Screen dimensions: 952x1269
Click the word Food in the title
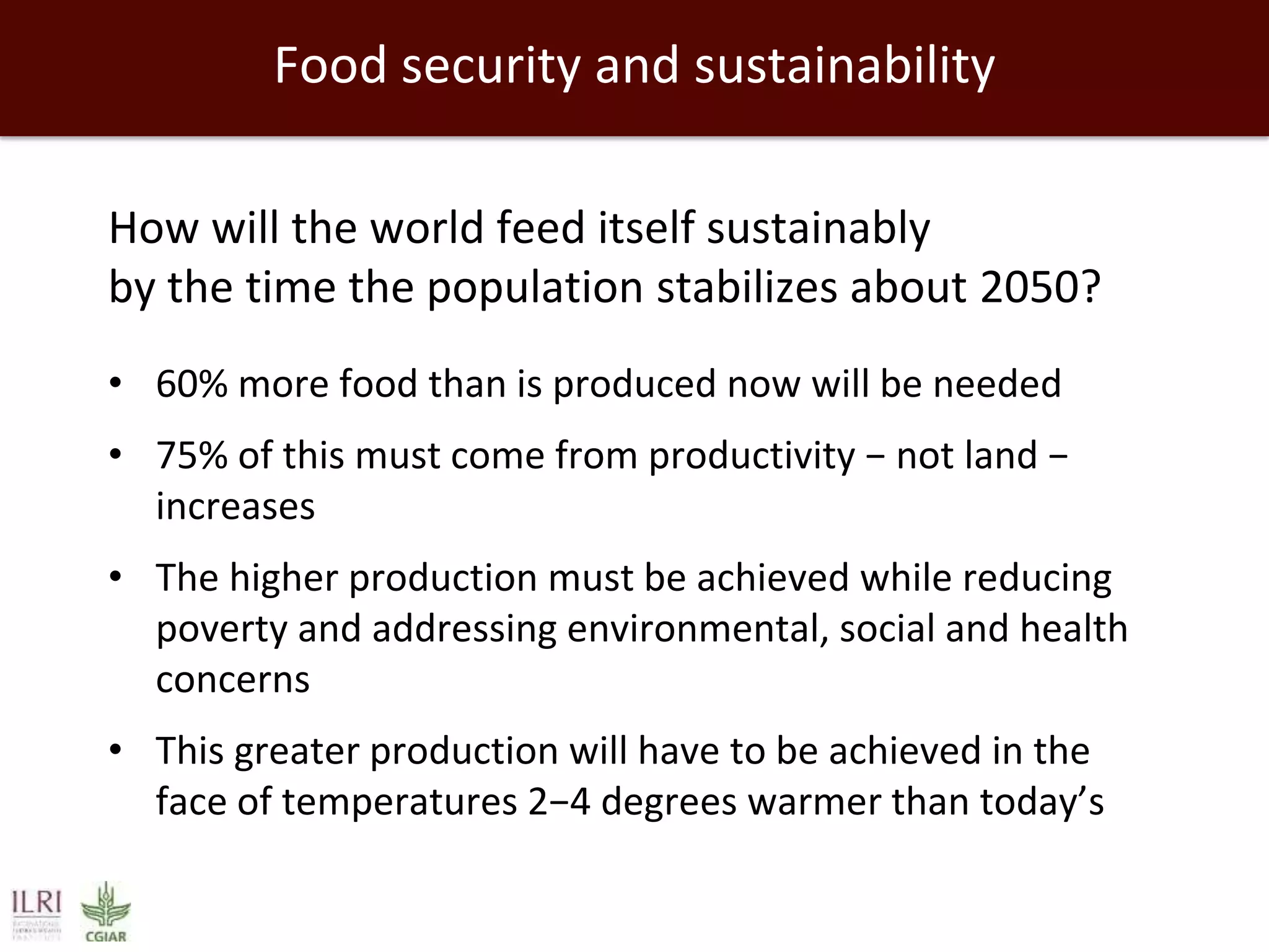point(332,66)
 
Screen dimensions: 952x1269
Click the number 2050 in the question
point(1030,288)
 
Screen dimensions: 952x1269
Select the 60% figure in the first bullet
point(191,384)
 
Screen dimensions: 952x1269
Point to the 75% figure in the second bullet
point(191,456)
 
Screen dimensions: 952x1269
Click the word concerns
point(232,680)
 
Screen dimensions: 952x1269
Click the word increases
point(235,506)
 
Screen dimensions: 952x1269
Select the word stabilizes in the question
point(747,288)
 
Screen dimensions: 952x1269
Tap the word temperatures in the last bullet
point(399,803)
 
